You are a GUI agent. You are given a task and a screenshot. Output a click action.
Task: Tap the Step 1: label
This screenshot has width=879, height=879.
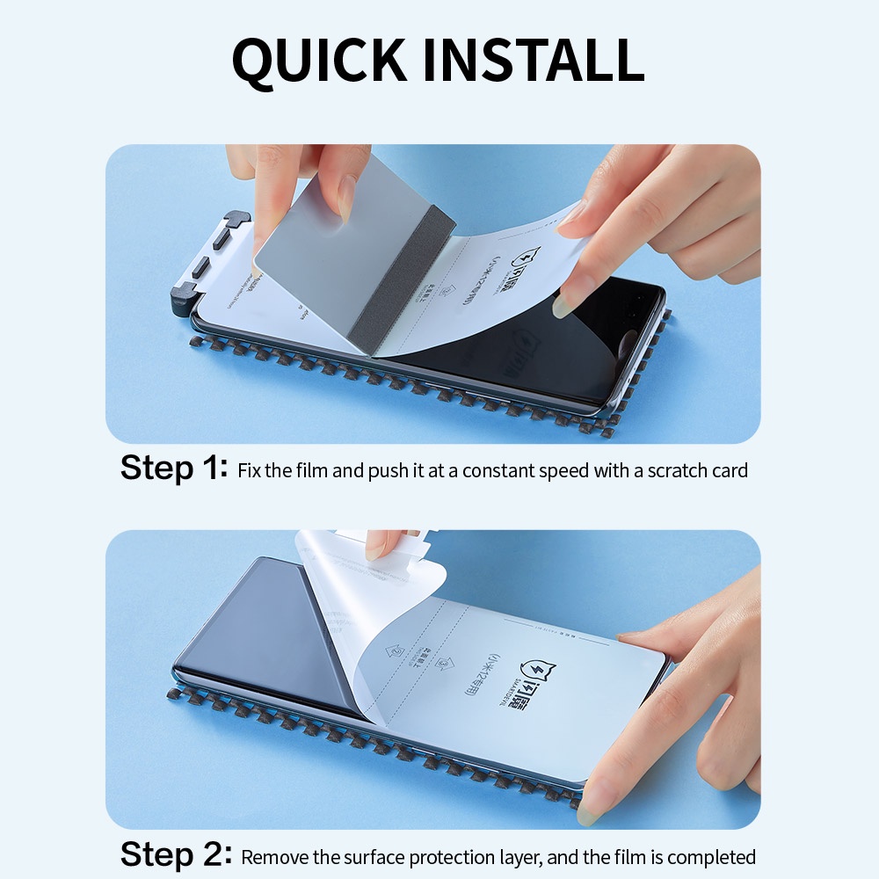tap(173, 468)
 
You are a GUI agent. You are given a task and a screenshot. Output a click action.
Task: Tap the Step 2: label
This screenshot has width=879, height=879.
tap(176, 854)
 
